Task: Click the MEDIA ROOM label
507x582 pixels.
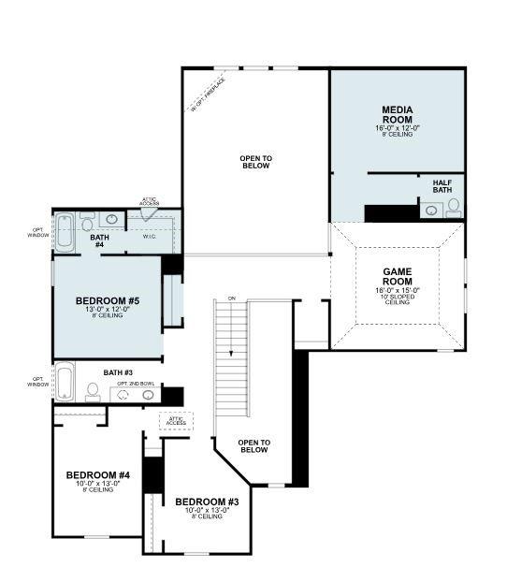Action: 398,115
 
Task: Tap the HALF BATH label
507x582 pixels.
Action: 442,186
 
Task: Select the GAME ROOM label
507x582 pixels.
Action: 398,276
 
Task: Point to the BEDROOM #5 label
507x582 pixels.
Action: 108,301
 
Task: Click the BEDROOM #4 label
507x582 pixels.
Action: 98,475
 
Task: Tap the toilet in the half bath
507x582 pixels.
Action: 454,206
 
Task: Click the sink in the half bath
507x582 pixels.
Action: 431,211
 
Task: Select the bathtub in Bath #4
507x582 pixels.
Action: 65,232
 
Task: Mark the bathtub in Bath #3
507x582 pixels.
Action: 65,382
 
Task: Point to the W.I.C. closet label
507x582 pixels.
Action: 150,236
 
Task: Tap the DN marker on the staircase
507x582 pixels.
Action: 231,298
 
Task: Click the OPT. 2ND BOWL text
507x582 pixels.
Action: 137,384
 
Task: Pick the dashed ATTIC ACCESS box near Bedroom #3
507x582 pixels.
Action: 175,422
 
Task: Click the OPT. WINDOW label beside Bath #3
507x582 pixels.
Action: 38,382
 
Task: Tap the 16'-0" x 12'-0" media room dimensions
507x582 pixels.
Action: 398,127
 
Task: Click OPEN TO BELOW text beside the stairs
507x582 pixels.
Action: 253,445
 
